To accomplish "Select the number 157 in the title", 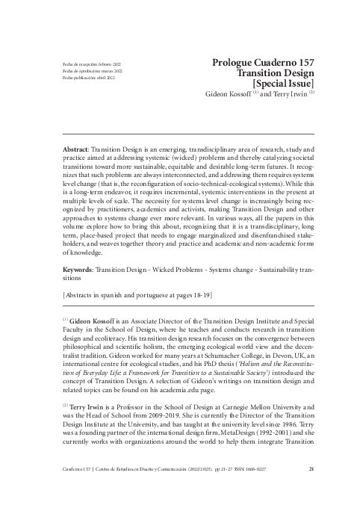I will click(301, 64).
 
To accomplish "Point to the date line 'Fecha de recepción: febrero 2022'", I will click(91, 65).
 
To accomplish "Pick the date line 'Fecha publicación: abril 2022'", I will click(89, 78).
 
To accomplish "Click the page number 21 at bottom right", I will click(311, 491).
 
